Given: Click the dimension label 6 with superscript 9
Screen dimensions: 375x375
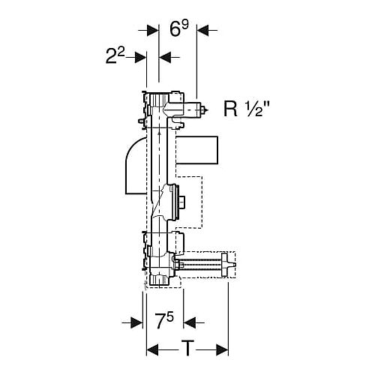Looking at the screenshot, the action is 179,28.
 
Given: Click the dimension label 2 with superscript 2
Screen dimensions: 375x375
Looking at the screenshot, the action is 115,55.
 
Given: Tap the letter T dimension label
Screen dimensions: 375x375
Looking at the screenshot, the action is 187,348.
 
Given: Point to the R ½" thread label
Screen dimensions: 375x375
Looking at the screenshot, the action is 246,109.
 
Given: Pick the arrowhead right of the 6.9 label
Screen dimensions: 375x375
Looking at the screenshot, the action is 203,30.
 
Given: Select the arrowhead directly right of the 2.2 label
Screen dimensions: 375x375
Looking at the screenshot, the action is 140,58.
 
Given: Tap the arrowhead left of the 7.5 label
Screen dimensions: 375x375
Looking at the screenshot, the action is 136,322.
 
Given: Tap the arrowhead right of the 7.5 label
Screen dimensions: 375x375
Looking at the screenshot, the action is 190,322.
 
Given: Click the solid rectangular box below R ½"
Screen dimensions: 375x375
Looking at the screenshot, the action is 197,150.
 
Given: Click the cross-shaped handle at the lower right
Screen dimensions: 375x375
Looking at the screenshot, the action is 227,265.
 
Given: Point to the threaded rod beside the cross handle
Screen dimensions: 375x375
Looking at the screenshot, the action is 200,265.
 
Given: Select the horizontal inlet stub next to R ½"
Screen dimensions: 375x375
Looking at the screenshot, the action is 193,109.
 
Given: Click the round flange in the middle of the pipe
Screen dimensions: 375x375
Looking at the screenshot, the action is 175,202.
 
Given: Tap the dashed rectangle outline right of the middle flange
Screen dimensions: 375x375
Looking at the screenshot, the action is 189,202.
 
